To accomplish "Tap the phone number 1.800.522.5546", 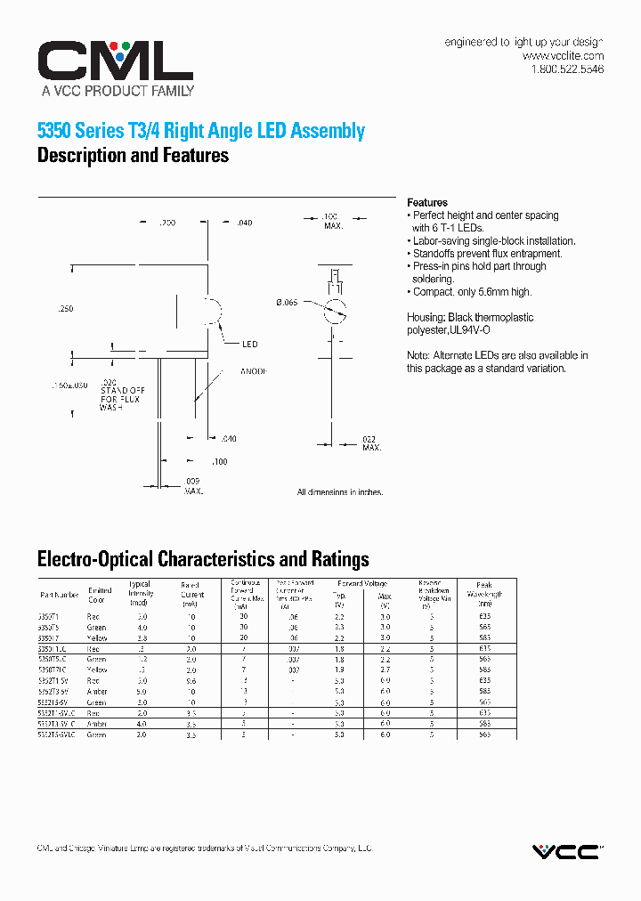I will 567,69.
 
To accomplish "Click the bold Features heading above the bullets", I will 427,202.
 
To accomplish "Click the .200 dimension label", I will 166,223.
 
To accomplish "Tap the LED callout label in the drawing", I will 250,344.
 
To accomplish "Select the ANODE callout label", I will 254,371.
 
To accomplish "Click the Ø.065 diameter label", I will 287,304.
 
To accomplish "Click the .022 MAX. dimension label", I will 371,443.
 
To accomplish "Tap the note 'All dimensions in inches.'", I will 340,492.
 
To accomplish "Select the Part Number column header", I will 59,594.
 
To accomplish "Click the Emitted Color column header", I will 100,594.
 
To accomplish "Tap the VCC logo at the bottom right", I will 566,851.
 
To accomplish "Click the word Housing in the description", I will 425,318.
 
